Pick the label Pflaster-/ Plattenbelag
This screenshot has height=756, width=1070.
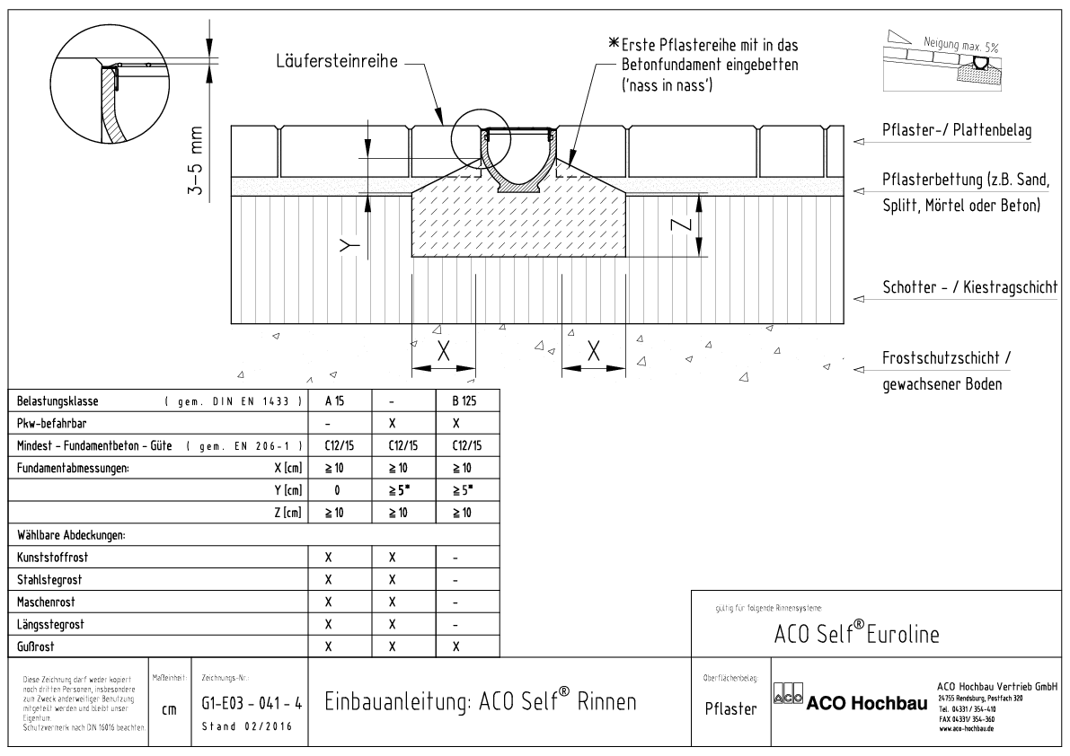pyautogui.click(x=956, y=130)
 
